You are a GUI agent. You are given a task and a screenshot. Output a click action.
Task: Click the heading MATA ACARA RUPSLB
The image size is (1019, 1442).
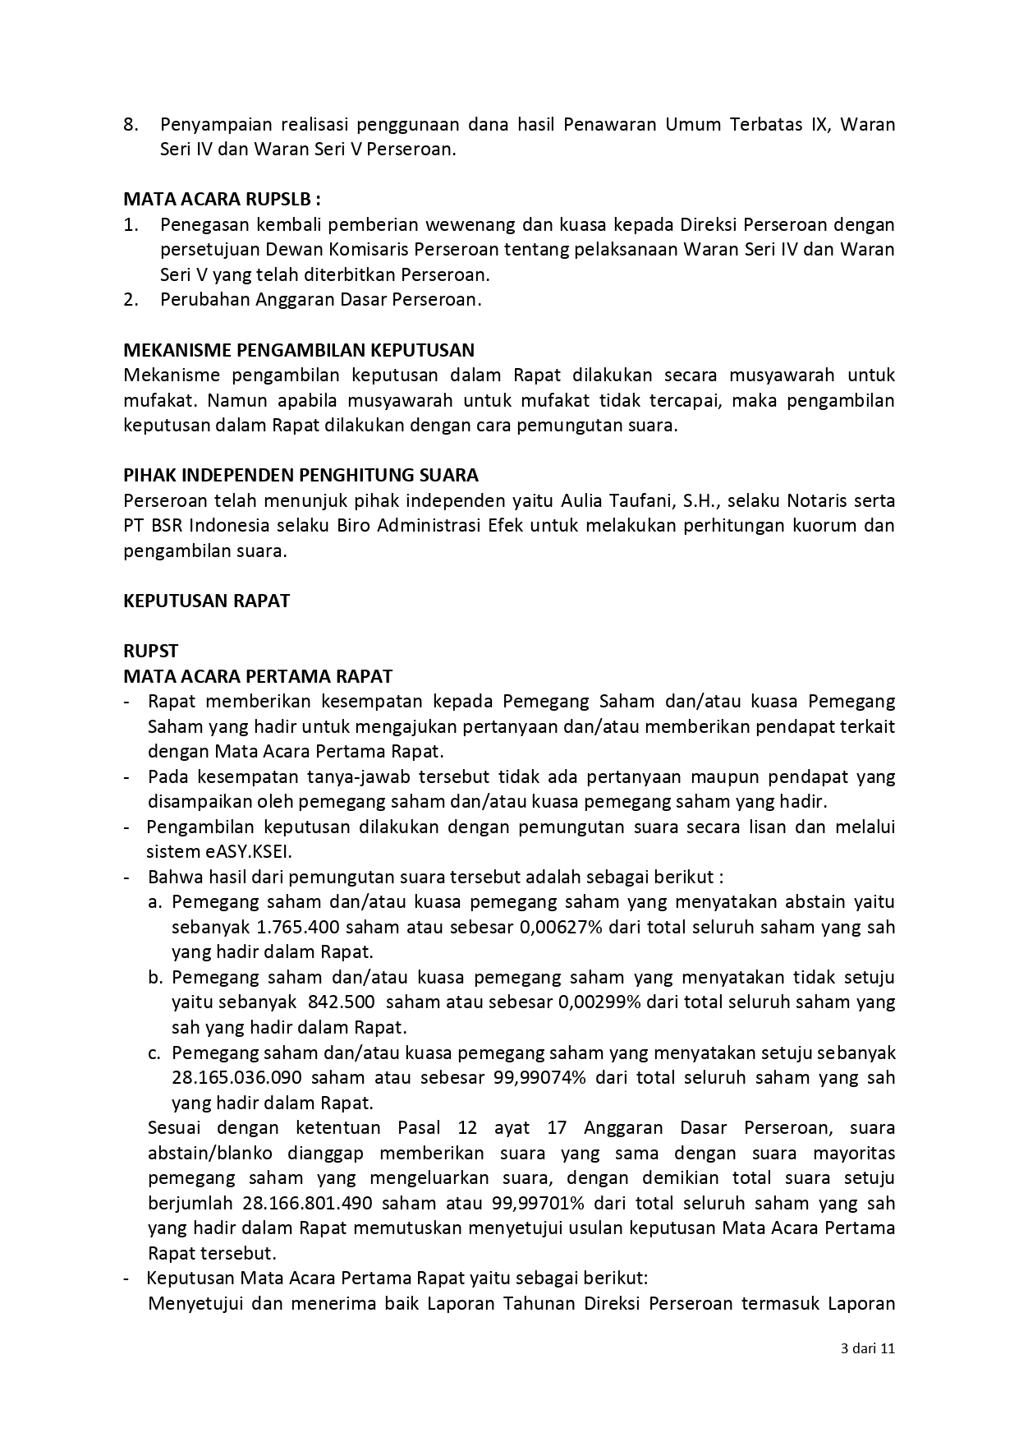pyautogui.click(x=222, y=200)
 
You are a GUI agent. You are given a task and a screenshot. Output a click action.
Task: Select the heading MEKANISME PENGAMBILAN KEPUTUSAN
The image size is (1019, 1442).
pyautogui.click(x=299, y=350)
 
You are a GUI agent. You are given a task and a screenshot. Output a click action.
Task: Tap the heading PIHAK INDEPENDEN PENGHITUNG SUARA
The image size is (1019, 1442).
pyautogui.click(x=301, y=475)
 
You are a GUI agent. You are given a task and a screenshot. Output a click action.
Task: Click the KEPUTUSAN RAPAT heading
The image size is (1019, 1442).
pyautogui.click(x=206, y=601)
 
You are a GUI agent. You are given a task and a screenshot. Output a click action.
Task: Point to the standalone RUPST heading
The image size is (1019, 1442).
pyautogui.click(x=150, y=651)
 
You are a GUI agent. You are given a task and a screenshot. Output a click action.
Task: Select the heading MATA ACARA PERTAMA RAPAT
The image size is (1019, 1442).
pyautogui.click(x=258, y=676)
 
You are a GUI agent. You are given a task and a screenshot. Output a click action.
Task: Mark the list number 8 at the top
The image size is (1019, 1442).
pyautogui.click(x=129, y=125)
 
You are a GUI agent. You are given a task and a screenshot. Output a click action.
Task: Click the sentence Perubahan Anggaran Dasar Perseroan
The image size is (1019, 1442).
pyautogui.click(x=320, y=299)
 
